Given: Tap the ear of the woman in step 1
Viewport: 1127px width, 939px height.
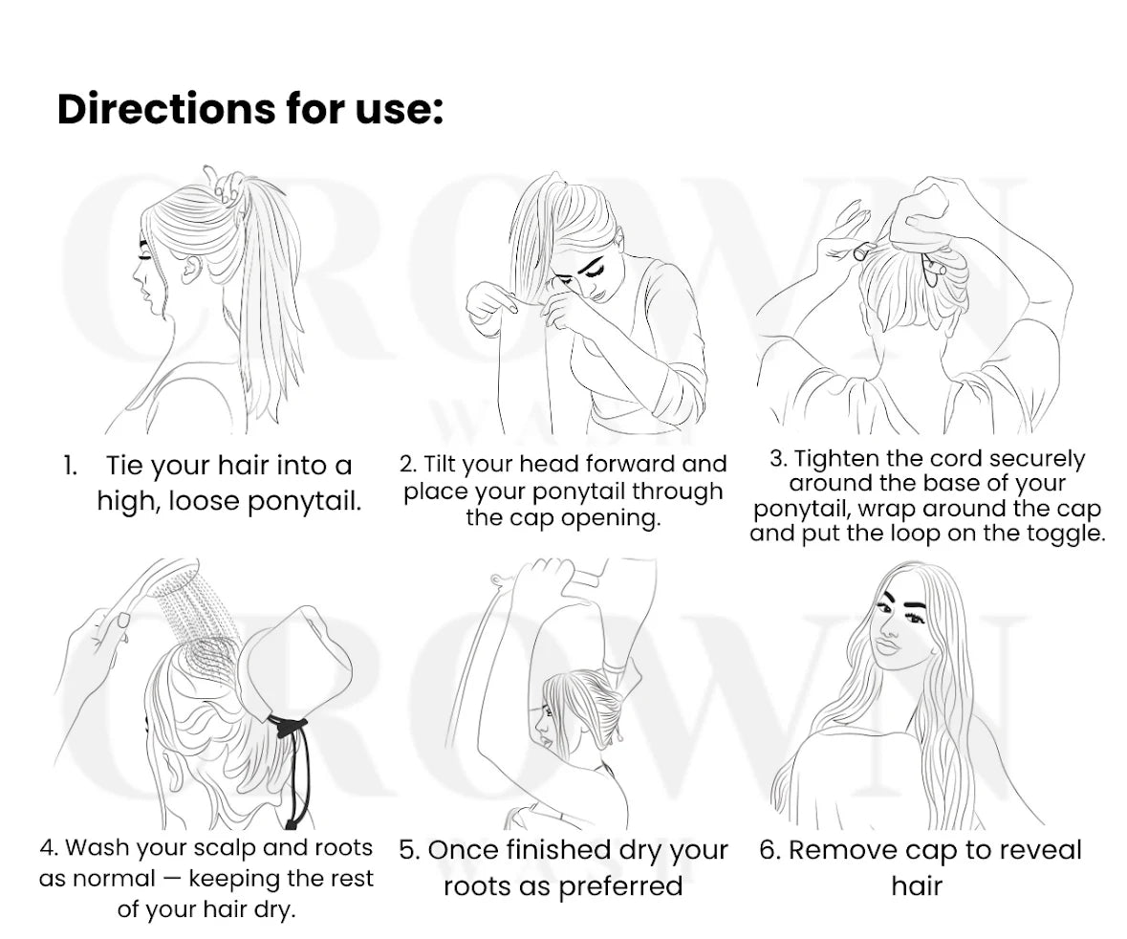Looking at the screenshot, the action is tap(192, 270).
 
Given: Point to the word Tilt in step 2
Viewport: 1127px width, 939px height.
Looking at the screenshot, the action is tap(437, 465).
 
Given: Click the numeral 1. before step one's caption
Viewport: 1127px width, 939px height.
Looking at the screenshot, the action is tap(70, 466).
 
